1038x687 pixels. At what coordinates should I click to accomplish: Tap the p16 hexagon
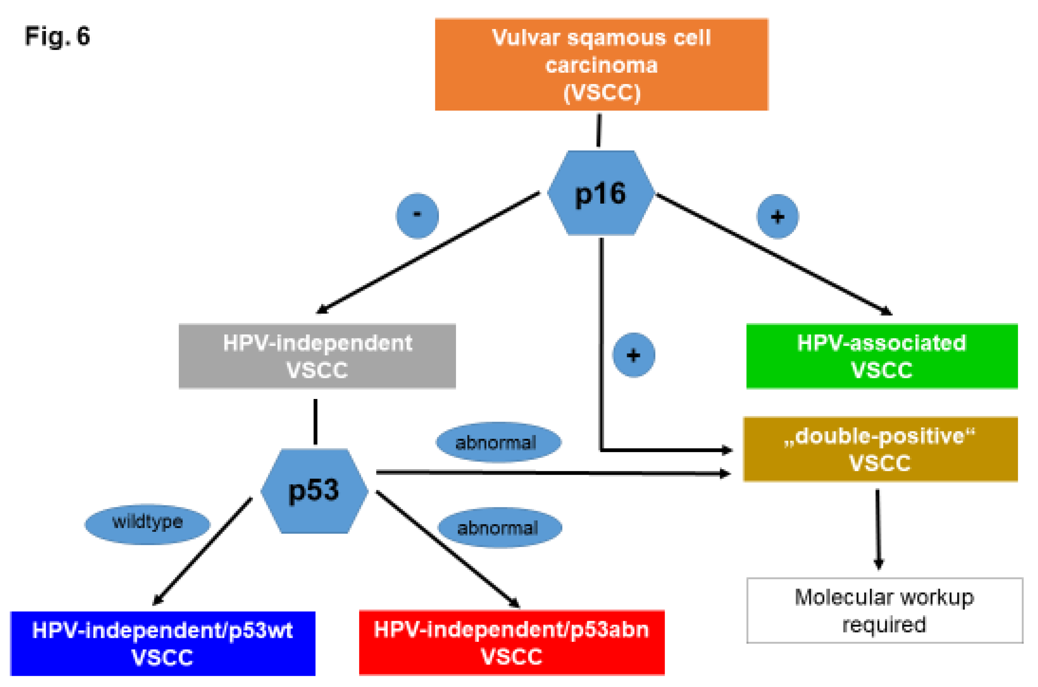tap(600, 193)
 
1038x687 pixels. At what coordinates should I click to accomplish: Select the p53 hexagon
tap(314, 491)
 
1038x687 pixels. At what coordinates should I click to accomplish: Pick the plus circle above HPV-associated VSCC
tap(777, 216)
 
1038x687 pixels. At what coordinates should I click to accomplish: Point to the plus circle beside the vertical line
tap(633, 355)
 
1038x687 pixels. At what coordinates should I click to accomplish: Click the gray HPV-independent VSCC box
tap(317, 356)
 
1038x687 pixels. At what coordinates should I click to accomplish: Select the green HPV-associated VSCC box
tap(881, 356)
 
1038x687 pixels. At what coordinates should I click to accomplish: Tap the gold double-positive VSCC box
tap(880, 449)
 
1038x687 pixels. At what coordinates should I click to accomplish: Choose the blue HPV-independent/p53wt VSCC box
tap(163, 643)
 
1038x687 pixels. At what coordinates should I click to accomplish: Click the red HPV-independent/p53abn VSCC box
tap(511, 642)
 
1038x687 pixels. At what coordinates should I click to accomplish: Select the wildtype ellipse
tap(147, 524)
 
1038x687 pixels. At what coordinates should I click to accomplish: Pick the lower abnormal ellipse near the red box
tap(500, 528)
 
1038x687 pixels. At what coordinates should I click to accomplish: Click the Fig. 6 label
tap(57, 36)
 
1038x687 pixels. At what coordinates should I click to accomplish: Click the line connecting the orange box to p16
tap(599, 130)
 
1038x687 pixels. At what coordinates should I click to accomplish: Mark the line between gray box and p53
tap(315, 421)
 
